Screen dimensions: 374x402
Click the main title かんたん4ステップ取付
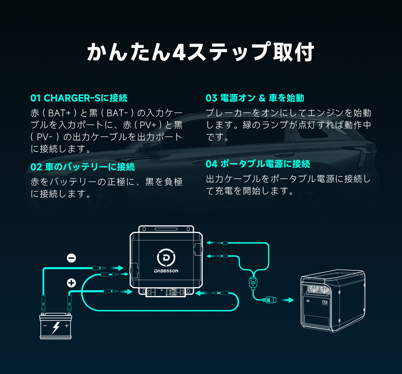pyautogui.click(x=200, y=52)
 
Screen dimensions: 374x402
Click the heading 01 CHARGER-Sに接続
pyautogui.click(x=79, y=98)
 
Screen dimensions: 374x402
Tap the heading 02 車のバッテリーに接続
pyautogui.click(x=82, y=167)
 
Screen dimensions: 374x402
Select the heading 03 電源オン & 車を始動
pyautogui.click(x=255, y=98)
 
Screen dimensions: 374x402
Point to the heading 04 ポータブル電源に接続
pyautogui.click(x=258, y=164)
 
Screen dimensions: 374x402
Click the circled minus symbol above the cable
pyautogui.click(x=71, y=258)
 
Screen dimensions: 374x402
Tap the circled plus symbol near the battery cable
pyautogui.click(x=71, y=283)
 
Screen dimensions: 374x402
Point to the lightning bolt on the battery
pyautogui.click(x=56, y=328)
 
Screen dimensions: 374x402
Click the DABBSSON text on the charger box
pyautogui.click(x=166, y=271)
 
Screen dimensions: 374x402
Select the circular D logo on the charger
pyautogui.click(x=166, y=257)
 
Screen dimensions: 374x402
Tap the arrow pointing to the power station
pyautogui.click(x=289, y=300)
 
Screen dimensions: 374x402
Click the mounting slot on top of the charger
pyautogui.click(x=166, y=229)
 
